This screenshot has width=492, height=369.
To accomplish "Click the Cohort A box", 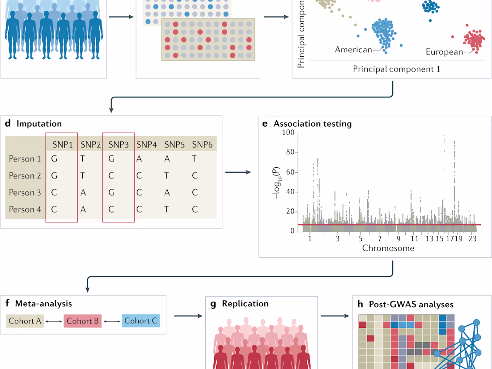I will (x=25, y=321).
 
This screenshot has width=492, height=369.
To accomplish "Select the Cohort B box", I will (x=83, y=321).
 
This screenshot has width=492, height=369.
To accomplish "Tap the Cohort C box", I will (x=140, y=321).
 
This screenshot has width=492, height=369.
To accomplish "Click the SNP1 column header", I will (x=62, y=144).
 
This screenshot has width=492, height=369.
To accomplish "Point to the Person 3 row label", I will (x=25, y=193).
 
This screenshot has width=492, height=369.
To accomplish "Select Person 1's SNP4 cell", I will (x=140, y=159).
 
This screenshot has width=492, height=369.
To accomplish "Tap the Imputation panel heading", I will (x=39, y=124).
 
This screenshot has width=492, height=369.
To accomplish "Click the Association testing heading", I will (x=313, y=124).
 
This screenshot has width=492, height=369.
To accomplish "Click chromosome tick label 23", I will (x=471, y=239).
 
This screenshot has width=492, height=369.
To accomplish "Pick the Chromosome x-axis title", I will (x=388, y=248).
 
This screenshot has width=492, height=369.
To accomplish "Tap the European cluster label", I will (x=444, y=52).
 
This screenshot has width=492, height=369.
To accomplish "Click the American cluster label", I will (x=353, y=50).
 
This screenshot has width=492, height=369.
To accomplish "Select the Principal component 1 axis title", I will (x=396, y=69).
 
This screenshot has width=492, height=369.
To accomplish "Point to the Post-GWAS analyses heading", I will (x=411, y=305).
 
